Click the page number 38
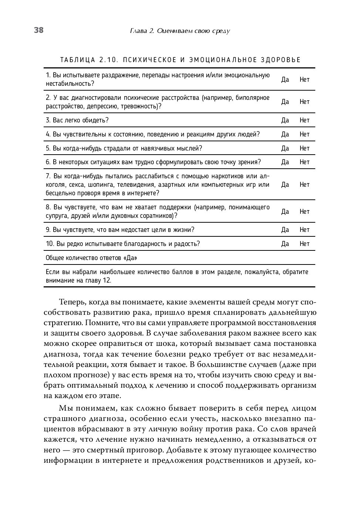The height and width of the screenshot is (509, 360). pyautogui.click(x=39, y=30)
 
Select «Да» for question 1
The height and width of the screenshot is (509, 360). pyautogui.click(x=285, y=80)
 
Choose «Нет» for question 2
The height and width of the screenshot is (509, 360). pyautogui.click(x=305, y=102)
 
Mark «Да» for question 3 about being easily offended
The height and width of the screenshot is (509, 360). pyautogui.click(x=285, y=120)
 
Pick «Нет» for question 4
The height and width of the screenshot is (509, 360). pyautogui.click(x=305, y=134)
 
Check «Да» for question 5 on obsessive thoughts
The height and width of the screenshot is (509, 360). pyautogui.click(x=285, y=148)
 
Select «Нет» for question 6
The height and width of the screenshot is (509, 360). pyautogui.click(x=305, y=162)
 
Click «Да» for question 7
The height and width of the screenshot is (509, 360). pyautogui.click(x=285, y=185)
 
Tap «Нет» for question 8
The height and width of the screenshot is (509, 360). pyautogui.click(x=305, y=212)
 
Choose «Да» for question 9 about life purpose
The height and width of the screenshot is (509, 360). pyautogui.click(x=285, y=230)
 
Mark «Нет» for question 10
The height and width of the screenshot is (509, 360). pyautogui.click(x=305, y=244)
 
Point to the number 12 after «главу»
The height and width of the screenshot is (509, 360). pyautogui.click(x=106, y=280)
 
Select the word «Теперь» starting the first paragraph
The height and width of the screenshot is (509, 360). pyautogui.click(x=72, y=302)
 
